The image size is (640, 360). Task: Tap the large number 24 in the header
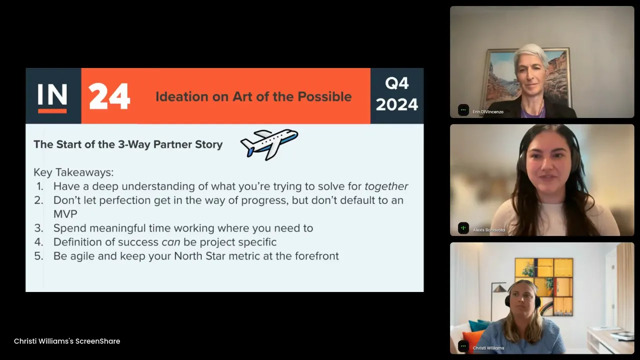tap(109, 96)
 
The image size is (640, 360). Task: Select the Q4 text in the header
tap(397, 83)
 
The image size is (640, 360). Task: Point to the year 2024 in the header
tap(397, 104)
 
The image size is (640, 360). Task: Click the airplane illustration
tap(269, 144)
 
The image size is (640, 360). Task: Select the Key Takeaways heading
tap(73, 172)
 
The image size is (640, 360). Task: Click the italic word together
tap(386, 186)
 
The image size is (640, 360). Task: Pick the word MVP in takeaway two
tap(65, 214)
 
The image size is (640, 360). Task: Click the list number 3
tap(39, 228)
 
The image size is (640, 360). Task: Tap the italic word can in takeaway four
tap(171, 242)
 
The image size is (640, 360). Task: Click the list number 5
tap(39, 256)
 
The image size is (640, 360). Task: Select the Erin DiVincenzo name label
tap(488, 111)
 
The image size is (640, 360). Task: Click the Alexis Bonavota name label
tap(488, 230)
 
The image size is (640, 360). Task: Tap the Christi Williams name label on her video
tap(488, 348)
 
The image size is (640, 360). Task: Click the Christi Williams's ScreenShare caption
tap(67, 341)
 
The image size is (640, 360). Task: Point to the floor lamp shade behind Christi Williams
tap(499, 288)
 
